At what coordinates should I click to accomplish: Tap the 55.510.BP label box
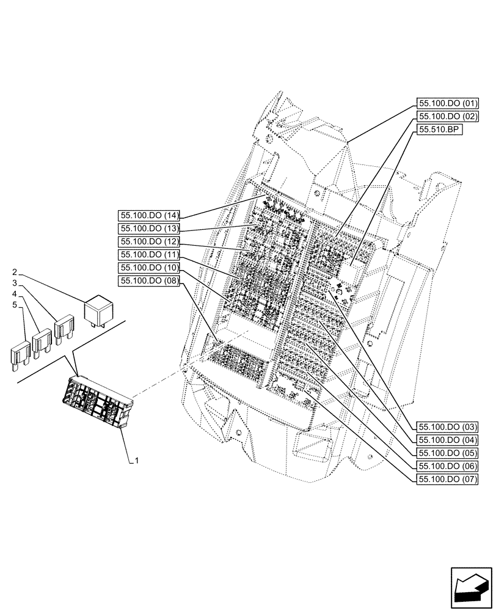click(x=439, y=129)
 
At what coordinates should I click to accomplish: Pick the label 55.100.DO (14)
click(x=149, y=215)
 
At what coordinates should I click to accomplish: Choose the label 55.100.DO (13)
click(x=149, y=228)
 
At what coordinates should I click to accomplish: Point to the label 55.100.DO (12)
click(x=149, y=241)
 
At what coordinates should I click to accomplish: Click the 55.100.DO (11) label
click(x=149, y=254)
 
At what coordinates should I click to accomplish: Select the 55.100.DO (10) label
click(x=149, y=268)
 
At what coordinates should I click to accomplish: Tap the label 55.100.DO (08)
click(x=149, y=280)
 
